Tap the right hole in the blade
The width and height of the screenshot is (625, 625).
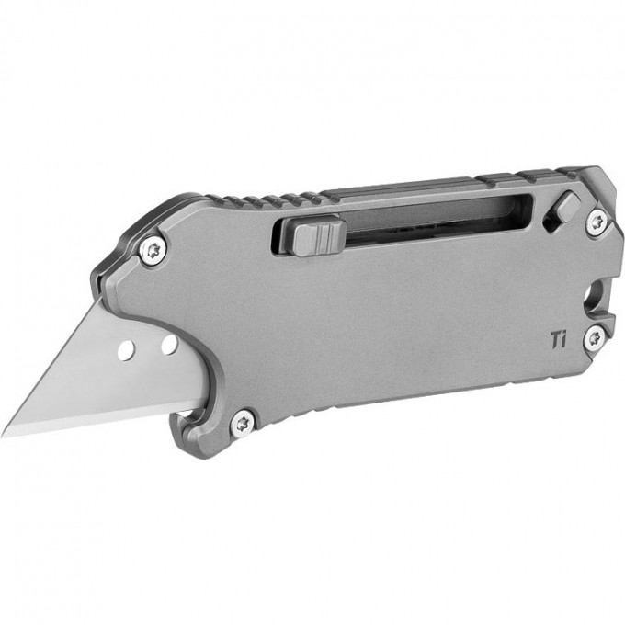169,345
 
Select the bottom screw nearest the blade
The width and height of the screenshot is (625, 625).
243,421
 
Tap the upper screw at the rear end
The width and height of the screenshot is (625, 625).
597,221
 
